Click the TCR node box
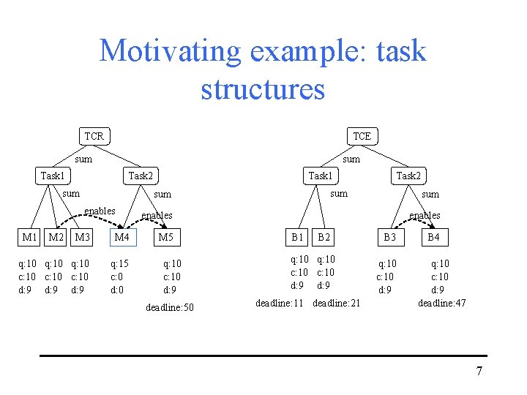click(x=94, y=136)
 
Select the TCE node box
click(x=362, y=136)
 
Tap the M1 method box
click(x=30, y=237)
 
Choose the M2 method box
click(x=56, y=237)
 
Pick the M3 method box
click(x=82, y=237)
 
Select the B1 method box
click(x=297, y=237)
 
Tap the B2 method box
click(x=324, y=237)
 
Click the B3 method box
click(x=389, y=237)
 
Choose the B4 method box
click(x=433, y=237)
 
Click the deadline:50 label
click(x=170, y=307)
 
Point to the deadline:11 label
click(x=279, y=303)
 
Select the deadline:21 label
click(x=336, y=303)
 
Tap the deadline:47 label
click(x=441, y=303)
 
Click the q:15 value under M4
click(x=119, y=263)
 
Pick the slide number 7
click(x=479, y=372)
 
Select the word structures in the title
click(x=263, y=89)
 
